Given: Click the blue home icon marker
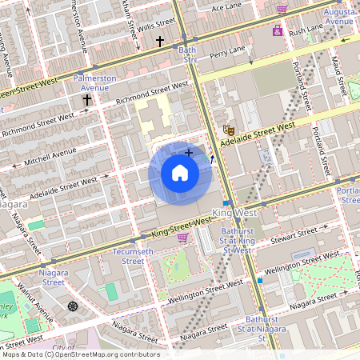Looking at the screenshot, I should [180, 174].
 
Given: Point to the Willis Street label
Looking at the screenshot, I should [155, 25].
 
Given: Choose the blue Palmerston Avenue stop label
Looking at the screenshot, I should [94, 83].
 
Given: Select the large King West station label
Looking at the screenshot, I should [234, 214].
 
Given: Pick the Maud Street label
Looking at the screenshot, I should [337, 74].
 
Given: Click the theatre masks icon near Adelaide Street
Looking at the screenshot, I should [228, 129].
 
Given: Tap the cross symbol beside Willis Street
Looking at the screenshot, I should [159, 40].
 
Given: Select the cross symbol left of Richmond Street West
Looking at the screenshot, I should [87, 100].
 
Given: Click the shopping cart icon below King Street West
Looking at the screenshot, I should [182, 238].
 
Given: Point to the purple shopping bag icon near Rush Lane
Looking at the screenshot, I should [277, 30].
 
